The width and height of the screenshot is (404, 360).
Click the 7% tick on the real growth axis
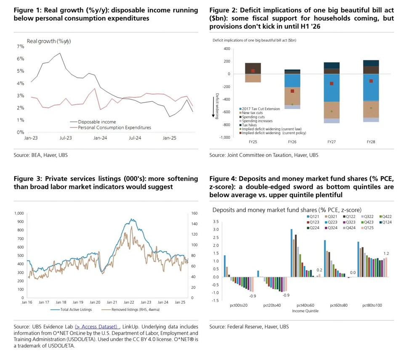pyautogui.click(x=21, y=47)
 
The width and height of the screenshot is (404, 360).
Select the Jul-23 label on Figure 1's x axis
pyautogui.click(x=64, y=138)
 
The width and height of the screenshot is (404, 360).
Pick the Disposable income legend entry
pyautogui.click(x=97, y=122)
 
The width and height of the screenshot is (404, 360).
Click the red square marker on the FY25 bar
pyautogui.click(x=253, y=71)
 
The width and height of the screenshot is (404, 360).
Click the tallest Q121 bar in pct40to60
pyautogui.click(x=291, y=253)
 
